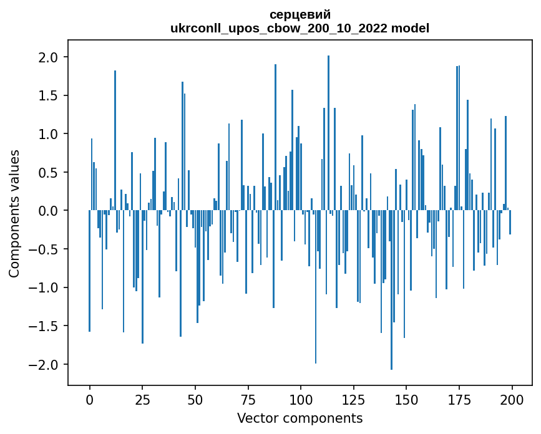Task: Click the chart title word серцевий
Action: pos(300,14)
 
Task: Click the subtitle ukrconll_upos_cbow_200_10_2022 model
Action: pos(300,28)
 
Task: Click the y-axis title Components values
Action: pos(14,213)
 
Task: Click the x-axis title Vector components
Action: pos(300,418)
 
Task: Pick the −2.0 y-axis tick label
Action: pos(44,364)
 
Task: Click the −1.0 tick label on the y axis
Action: pos(44,287)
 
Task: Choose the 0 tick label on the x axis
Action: pos(89,398)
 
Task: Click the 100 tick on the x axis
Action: pos(301,398)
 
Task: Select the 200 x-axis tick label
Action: pos(512,398)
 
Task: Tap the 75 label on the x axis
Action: pos(248,398)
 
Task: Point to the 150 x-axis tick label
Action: pos(406,398)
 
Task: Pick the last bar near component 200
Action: pos(510,222)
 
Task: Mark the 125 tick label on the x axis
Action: pos(353,398)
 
